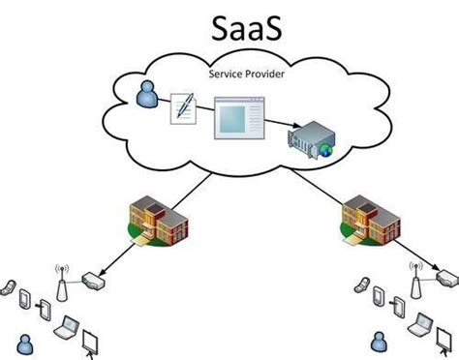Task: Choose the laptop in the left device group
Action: point(69,327)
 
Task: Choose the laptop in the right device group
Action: point(422,327)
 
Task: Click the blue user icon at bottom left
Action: point(26,343)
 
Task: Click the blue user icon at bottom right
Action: point(379,343)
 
